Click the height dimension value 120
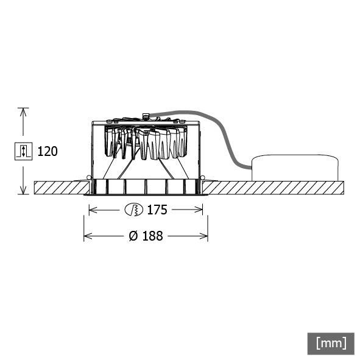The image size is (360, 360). (x=48, y=151)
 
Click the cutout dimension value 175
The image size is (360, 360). (x=157, y=210)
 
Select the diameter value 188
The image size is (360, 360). (x=152, y=236)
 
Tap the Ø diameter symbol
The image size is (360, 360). (x=133, y=236)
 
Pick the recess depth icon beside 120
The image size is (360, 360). (x=23, y=151)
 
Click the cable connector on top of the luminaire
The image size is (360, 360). (x=146, y=115)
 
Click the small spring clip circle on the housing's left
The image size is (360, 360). (x=90, y=178)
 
